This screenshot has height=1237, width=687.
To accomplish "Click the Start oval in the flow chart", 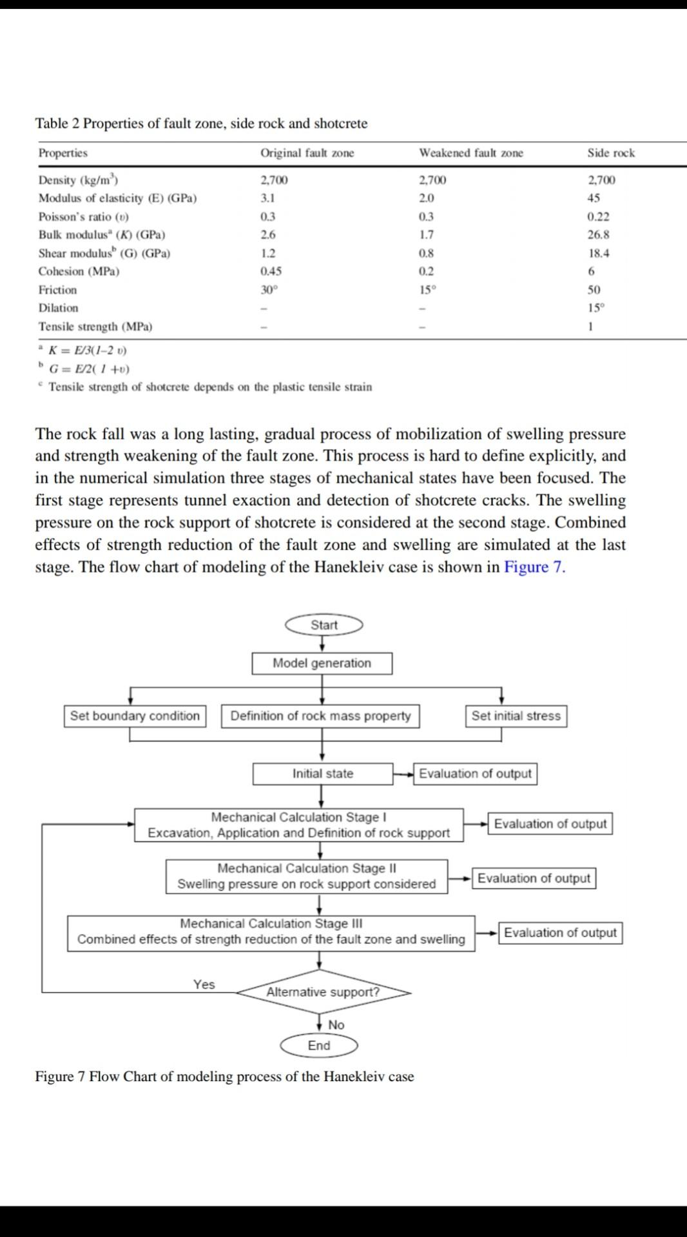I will (x=324, y=625).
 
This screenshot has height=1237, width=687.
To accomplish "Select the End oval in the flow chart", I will (x=319, y=1046).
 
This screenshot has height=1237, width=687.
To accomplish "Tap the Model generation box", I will (x=322, y=663).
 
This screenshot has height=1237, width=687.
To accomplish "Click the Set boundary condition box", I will (x=135, y=716).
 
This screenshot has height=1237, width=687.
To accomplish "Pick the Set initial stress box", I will (x=516, y=716).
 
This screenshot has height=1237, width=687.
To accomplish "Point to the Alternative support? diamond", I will (x=324, y=992).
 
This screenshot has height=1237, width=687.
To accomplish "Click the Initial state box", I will (x=322, y=774).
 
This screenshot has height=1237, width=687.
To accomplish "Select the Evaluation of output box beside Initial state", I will (x=475, y=774).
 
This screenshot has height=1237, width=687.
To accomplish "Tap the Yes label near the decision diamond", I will (x=204, y=984).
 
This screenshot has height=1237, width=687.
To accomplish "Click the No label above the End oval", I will (x=336, y=1025).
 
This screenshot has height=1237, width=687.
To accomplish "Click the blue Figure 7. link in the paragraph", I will (x=534, y=567).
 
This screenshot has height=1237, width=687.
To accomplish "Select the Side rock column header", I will (x=610, y=153).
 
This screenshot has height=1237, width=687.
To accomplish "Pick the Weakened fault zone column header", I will (x=470, y=153).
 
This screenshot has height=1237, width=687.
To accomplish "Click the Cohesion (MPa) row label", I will (x=79, y=271).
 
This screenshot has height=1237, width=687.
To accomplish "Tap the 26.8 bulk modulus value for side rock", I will (x=598, y=235).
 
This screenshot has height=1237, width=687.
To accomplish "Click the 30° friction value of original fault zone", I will (x=267, y=290).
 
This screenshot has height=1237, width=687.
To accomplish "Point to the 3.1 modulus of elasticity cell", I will (x=267, y=198).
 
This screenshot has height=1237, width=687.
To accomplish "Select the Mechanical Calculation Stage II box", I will (x=307, y=876).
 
